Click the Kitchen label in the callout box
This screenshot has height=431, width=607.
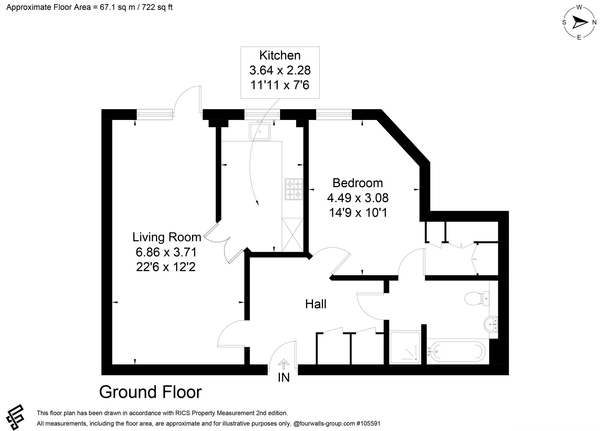(x=280, y=55)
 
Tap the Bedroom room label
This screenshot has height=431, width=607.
(x=357, y=183)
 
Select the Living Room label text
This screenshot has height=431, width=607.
(x=167, y=237)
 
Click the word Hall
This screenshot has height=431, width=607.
(x=316, y=304)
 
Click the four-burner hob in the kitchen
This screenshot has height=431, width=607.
(x=294, y=189)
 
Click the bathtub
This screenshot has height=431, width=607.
(x=456, y=352)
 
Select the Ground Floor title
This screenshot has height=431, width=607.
(x=151, y=392)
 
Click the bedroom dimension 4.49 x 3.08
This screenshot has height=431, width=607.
(x=358, y=198)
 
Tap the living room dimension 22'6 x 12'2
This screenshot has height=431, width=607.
(x=166, y=267)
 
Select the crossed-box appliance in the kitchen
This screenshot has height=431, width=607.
(x=293, y=235)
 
